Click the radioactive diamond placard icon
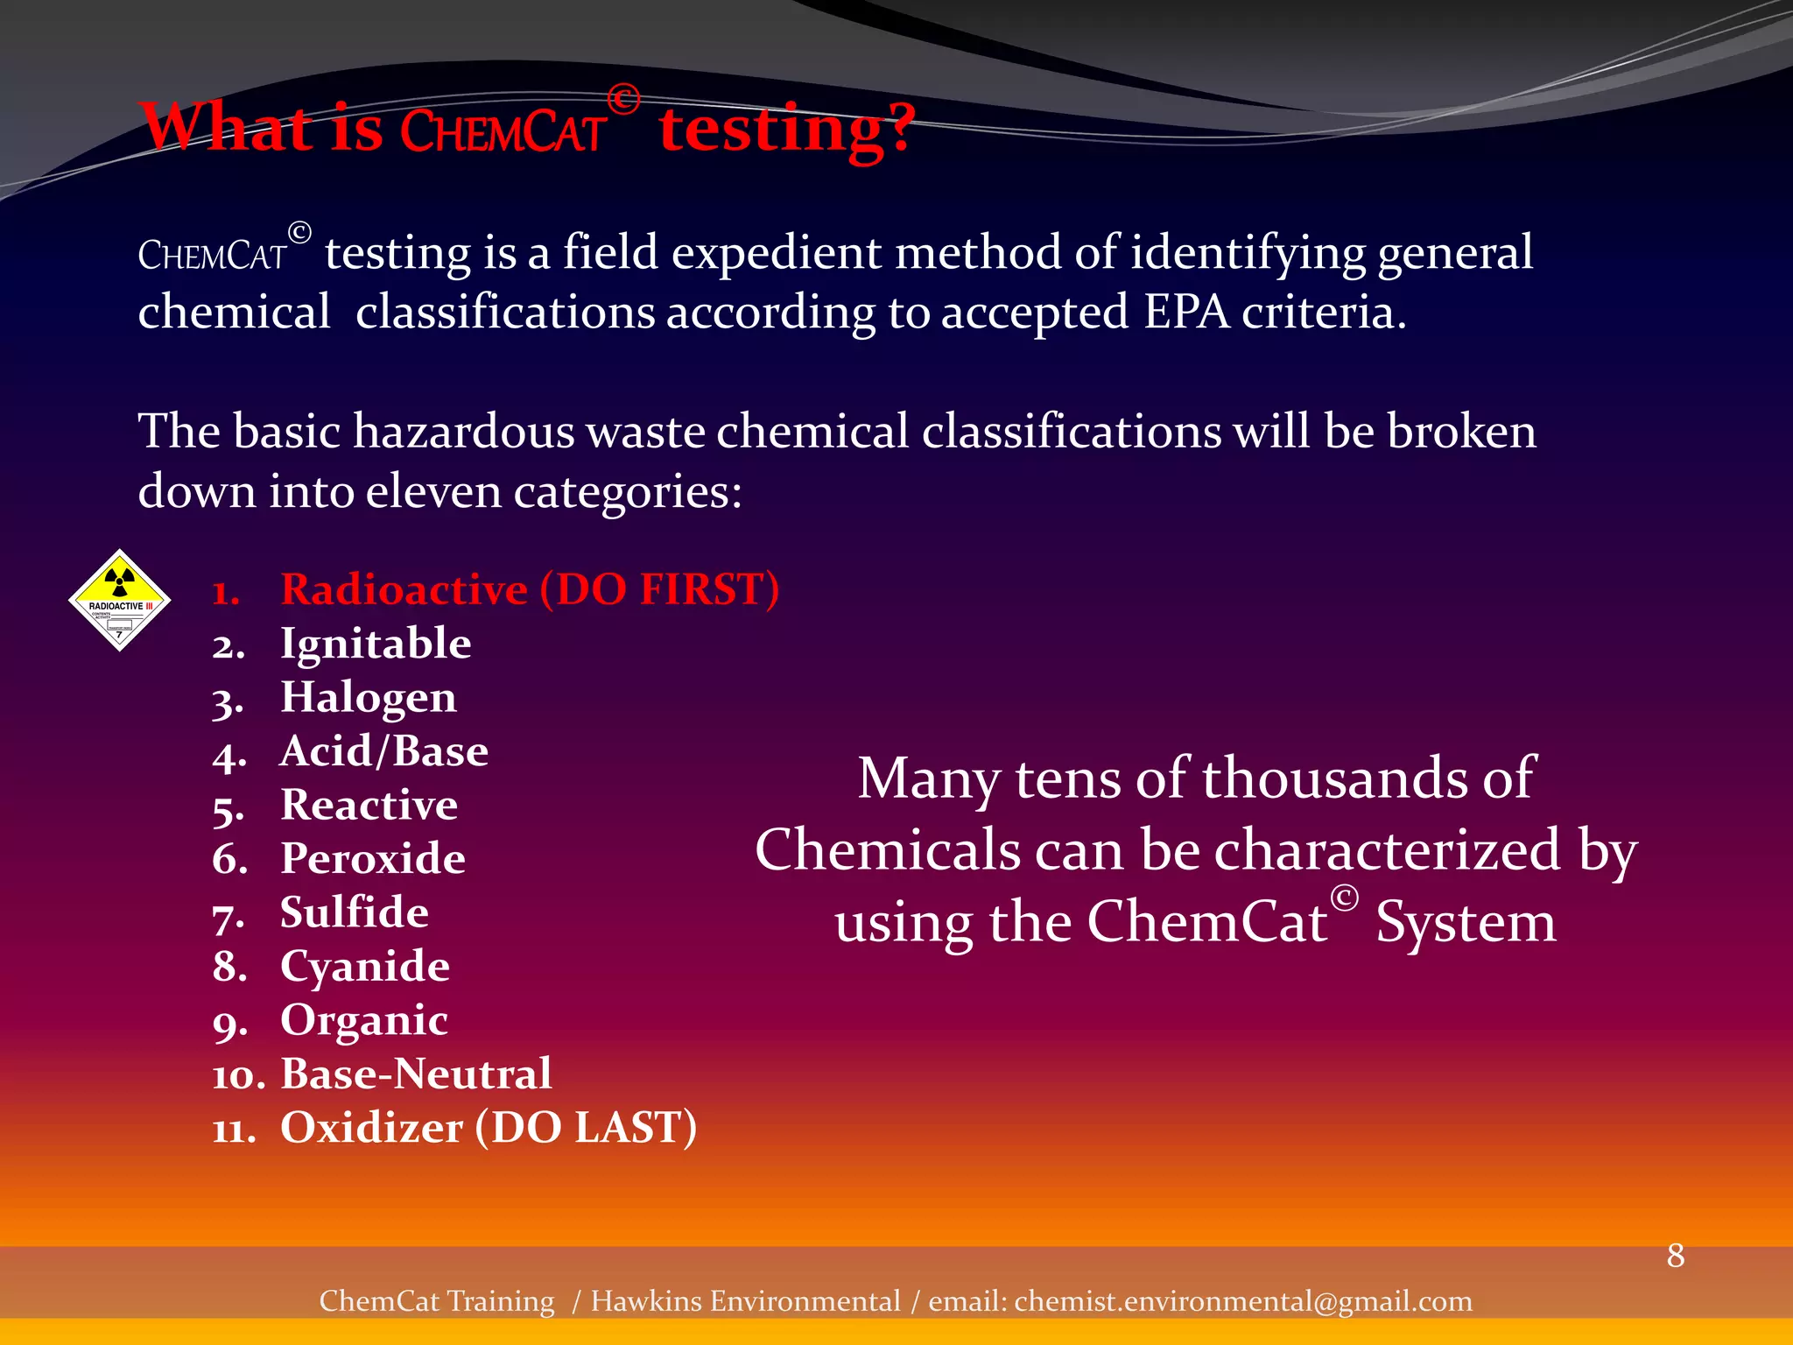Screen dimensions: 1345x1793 point(119,600)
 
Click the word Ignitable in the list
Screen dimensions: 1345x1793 point(376,644)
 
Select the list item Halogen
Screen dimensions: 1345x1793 point(369,698)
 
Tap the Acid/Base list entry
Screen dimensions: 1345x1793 point(383,751)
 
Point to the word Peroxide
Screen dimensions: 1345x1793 point(373,859)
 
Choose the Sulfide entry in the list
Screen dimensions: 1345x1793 point(355,912)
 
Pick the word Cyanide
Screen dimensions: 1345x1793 point(365,967)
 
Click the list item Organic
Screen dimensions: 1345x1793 point(364,1020)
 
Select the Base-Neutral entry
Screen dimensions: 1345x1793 point(416,1074)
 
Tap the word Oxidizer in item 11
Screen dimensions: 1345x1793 point(371,1128)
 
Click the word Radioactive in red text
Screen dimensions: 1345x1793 point(404,589)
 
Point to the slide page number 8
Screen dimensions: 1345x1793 point(1676,1256)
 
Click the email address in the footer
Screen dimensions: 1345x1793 point(1243,1301)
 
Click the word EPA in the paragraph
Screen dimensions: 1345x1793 point(1186,313)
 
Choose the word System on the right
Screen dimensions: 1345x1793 point(1466,923)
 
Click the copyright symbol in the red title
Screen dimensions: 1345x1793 point(623,100)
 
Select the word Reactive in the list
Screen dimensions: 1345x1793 point(369,805)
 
